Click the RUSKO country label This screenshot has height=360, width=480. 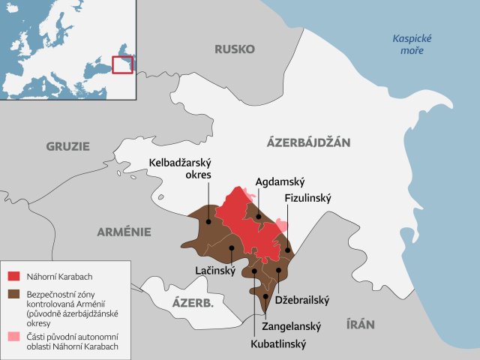tap(235, 49)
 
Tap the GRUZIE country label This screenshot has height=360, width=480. tap(67, 146)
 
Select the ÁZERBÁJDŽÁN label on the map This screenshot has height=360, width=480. tap(308, 142)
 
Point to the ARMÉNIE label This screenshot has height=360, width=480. tap(124, 232)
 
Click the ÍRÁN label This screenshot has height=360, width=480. tap(360, 325)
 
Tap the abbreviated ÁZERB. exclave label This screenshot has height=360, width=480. tap(193, 303)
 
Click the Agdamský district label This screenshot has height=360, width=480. tap(279, 181)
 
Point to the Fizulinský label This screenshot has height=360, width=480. tap(307, 199)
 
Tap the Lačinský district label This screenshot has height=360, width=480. tap(214, 269)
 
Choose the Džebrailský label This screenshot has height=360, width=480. tap(303, 299)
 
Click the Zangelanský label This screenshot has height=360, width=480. tap(292, 326)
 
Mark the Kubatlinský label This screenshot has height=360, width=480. tap(278, 345)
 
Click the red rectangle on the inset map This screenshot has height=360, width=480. tap(122, 64)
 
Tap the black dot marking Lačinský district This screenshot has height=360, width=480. tap(232, 247)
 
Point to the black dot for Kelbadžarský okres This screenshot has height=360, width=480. tap(208, 221)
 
